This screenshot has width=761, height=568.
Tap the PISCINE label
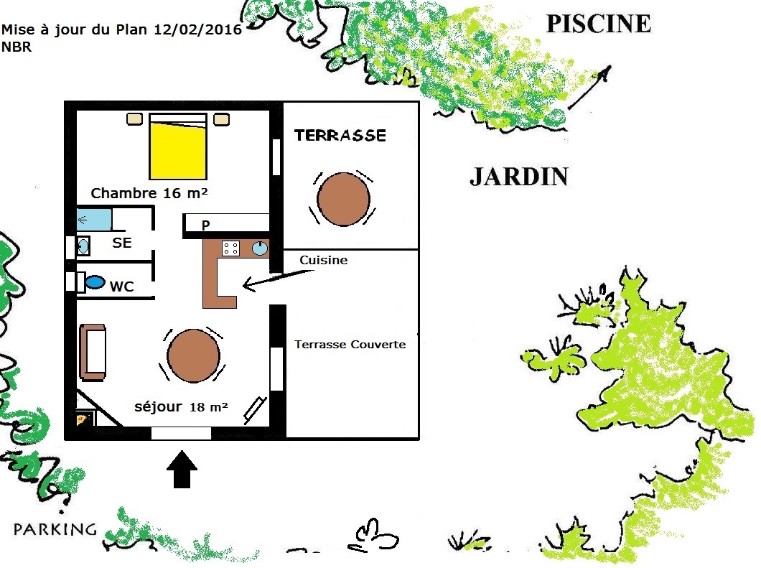(x=599, y=24)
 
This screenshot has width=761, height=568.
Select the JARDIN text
(x=519, y=177)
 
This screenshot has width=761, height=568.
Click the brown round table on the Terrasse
(x=343, y=199)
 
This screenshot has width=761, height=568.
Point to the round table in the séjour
(x=193, y=355)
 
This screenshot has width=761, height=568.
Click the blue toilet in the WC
(x=95, y=282)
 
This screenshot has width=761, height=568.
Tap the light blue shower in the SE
(x=94, y=220)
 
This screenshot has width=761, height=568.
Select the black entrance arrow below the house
(x=182, y=469)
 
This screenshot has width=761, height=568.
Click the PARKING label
(x=55, y=529)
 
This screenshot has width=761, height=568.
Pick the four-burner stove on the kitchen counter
(x=230, y=248)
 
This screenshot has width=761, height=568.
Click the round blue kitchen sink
(x=260, y=248)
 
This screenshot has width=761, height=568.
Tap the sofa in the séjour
(x=93, y=353)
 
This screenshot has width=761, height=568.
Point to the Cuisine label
(x=323, y=260)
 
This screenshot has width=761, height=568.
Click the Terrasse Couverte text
(x=350, y=344)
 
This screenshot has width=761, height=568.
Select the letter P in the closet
(x=206, y=225)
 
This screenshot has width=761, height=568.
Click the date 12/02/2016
(x=197, y=29)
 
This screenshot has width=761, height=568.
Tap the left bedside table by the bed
(x=134, y=119)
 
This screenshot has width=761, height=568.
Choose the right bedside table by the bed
(x=221, y=119)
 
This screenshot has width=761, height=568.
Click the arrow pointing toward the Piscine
(x=589, y=88)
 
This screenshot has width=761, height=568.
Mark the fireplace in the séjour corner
(x=84, y=418)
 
